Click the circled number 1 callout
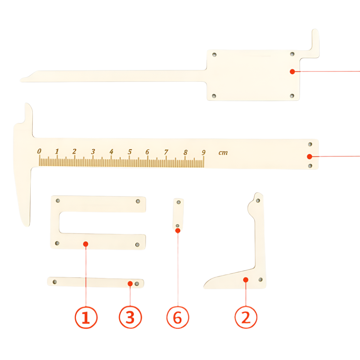point(86,318)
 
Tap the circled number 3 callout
point(130,318)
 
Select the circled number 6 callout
point(178,318)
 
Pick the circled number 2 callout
point(246,318)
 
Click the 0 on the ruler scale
point(39,151)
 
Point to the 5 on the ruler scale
point(130,152)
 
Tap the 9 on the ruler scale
point(203,152)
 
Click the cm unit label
point(223,153)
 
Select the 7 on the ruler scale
point(166,152)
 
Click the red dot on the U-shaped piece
point(86,244)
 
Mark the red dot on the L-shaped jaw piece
point(246,280)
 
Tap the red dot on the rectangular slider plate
point(292,72)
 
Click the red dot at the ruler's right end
point(310,157)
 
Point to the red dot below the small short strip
point(178,230)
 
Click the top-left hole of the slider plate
point(215,55)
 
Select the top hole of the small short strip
point(179,202)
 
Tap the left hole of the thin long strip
point(55,282)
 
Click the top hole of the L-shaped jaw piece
point(258,201)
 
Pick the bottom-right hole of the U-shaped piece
point(137,245)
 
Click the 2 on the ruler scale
point(74,151)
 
